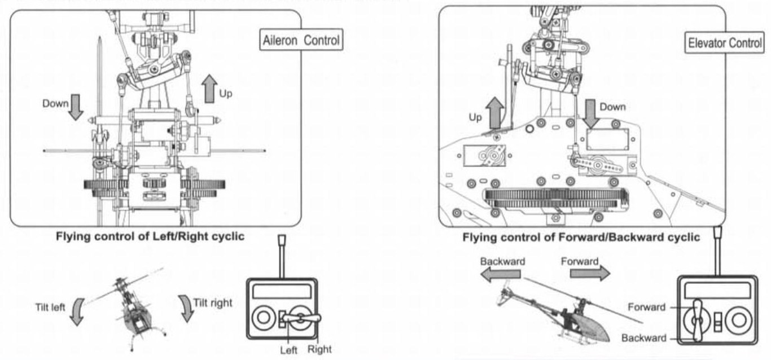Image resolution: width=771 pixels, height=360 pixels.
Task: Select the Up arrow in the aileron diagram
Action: (x=209, y=89)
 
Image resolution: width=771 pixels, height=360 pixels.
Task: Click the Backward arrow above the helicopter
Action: (x=497, y=274)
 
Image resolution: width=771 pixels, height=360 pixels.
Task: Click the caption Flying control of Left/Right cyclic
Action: (x=150, y=236)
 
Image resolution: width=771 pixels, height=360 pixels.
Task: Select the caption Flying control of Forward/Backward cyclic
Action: (x=581, y=238)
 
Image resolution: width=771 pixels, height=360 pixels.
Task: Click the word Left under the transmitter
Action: (x=289, y=349)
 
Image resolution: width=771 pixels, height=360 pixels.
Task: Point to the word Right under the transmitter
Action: (x=320, y=349)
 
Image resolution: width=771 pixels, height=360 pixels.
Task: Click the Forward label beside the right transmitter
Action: (x=646, y=308)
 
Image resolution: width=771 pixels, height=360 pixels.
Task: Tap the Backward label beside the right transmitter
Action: (x=643, y=338)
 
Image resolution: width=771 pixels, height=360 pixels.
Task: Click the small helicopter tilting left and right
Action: (x=133, y=308)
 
